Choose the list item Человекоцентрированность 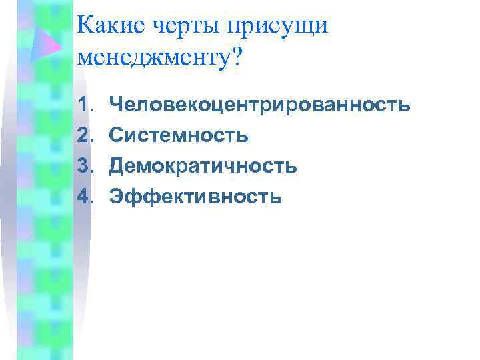259,105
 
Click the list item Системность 179,135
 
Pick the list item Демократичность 204,165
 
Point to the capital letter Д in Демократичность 117,166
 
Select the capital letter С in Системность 117,135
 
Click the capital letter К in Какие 86,27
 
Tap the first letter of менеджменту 85,59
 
